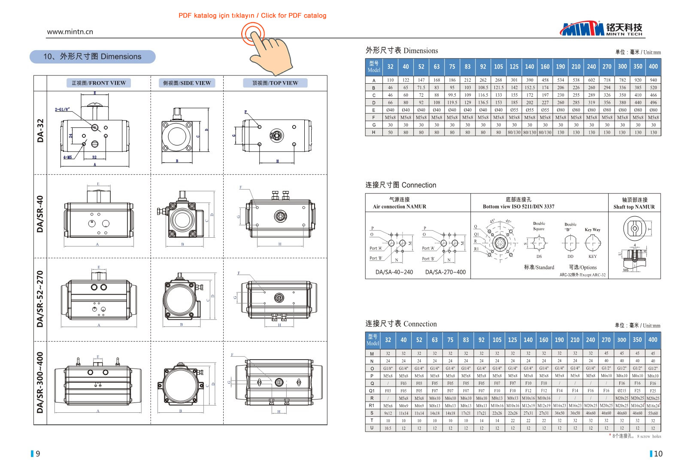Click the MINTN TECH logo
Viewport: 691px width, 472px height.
601,29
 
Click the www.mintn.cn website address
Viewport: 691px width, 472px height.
70,32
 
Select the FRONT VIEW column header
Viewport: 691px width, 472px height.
99,83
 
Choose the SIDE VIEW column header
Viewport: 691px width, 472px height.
187,83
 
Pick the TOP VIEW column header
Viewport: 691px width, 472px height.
275,83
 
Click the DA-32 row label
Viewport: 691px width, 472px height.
40,131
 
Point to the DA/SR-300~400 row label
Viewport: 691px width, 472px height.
40,383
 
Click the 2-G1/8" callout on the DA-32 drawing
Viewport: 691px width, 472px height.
62,109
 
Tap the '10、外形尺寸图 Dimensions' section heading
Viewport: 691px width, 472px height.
92,57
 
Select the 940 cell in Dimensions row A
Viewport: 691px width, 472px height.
653,80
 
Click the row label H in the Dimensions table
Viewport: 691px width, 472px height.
373,132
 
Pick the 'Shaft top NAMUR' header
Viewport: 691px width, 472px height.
634,207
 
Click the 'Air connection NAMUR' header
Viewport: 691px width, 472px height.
400,206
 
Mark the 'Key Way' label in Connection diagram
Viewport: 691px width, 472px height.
592,230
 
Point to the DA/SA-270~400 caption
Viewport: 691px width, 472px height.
445,272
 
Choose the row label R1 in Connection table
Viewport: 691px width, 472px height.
372,405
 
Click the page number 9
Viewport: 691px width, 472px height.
38,454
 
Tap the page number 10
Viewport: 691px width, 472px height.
658,454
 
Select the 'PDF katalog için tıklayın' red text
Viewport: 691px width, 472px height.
216,15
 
